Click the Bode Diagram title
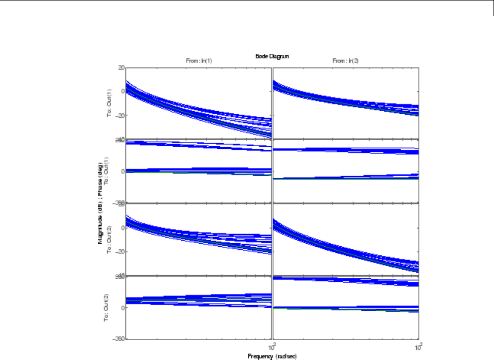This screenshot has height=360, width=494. [x=272, y=56]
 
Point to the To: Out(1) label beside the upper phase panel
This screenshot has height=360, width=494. [x=108, y=171]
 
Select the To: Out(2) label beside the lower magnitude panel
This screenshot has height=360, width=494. [x=108, y=239]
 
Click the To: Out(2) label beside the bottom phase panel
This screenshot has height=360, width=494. [x=108, y=307]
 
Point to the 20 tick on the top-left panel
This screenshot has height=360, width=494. [x=121, y=67]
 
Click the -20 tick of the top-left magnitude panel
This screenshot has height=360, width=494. [x=120, y=115]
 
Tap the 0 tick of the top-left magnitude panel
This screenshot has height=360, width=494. [x=122, y=91]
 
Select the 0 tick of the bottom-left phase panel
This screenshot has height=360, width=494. [x=122, y=308]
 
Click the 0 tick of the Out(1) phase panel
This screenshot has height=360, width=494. [x=122, y=172]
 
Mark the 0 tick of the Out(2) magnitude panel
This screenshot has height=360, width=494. [x=122, y=228]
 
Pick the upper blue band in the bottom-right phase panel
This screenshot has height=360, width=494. [x=345, y=280]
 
